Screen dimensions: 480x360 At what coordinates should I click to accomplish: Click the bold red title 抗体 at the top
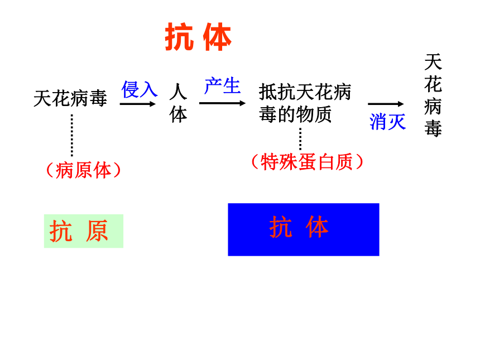click(198, 37)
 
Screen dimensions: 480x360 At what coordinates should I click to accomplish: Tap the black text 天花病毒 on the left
click(70, 98)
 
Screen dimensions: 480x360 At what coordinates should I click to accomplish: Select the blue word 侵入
click(140, 89)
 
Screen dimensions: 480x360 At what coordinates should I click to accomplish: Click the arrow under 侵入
click(138, 104)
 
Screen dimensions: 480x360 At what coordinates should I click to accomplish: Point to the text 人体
click(178, 103)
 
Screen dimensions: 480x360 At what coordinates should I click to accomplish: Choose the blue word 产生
click(223, 85)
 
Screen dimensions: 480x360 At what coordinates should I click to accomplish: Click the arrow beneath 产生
click(222, 103)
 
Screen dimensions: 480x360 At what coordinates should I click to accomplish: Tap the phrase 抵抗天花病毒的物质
click(305, 103)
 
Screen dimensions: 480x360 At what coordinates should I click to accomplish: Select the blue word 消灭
click(387, 122)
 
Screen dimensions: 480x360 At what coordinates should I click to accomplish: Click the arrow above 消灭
click(386, 104)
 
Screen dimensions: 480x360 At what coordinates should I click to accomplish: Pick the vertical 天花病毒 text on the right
click(433, 95)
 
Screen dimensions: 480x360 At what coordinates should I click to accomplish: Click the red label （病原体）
click(83, 170)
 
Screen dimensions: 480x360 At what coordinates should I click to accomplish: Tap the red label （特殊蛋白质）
click(307, 162)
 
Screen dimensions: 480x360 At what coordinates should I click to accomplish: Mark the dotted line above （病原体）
click(72, 135)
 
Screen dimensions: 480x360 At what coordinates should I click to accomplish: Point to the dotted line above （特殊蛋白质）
click(300, 139)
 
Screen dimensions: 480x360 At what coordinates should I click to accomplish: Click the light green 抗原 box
click(84, 231)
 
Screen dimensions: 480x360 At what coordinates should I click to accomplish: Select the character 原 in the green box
click(97, 231)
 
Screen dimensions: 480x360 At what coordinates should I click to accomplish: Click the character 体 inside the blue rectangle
click(317, 227)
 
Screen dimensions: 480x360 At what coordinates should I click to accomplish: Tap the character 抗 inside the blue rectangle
click(281, 227)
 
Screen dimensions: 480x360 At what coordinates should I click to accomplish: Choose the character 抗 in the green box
click(61, 231)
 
